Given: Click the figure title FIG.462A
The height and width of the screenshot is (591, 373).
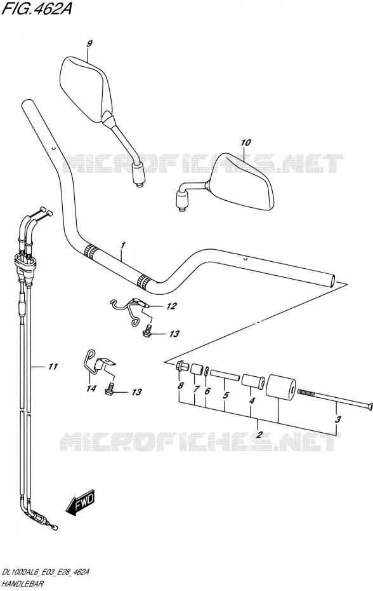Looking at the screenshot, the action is tap(36, 8).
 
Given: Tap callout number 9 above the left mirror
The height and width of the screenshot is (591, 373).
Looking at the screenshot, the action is tap(89, 44).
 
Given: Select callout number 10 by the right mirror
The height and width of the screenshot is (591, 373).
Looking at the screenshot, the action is tap(245, 143).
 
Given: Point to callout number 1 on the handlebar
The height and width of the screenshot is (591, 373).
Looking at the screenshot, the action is tap(122, 246).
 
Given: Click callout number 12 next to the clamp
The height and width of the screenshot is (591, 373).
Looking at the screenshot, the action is tap(171, 306).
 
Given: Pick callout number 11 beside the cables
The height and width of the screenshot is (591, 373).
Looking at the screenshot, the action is tap(53, 366).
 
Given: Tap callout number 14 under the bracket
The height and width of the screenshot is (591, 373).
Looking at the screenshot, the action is tap(91, 388).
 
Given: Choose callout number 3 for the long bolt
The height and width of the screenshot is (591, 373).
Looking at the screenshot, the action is tap(337, 419).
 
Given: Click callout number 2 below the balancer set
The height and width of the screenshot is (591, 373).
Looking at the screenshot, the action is tap(259, 434).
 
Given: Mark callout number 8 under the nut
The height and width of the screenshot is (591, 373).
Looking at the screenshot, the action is tap(181, 386).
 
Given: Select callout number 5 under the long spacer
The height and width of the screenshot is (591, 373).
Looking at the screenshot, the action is tap(225, 395).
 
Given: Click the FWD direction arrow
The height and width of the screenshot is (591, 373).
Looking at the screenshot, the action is tap(81, 503).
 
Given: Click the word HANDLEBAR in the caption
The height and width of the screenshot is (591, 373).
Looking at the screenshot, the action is tap(23, 584).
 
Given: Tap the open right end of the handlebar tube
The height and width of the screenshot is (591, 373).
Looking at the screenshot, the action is tap(332, 281).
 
